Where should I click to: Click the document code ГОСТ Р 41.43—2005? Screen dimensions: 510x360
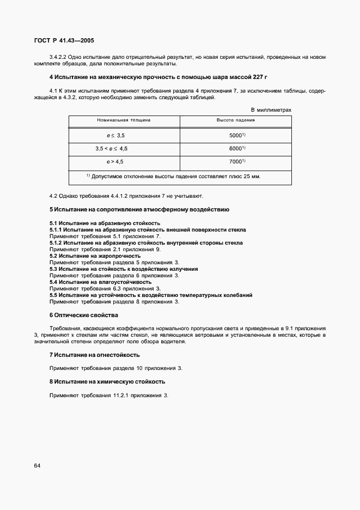(x=64, y=40)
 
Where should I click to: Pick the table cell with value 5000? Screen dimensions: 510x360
(x=235, y=135)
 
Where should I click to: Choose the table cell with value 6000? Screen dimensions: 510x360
(x=235, y=148)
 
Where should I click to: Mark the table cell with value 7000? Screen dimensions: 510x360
(x=235, y=162)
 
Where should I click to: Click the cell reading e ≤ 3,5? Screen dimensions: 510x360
(x=115, y=135)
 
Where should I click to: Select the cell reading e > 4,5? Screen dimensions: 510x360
(x=115, y=162)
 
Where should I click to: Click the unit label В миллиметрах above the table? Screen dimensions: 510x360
(x=271, y=110)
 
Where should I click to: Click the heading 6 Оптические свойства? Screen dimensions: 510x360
(x=83, y=315)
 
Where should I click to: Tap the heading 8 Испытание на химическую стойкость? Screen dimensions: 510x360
(x=107, y=381)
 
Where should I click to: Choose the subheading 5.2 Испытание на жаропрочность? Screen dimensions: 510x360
(x=95, y=256)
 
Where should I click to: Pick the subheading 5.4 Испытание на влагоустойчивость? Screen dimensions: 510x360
(x=100, y=282)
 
